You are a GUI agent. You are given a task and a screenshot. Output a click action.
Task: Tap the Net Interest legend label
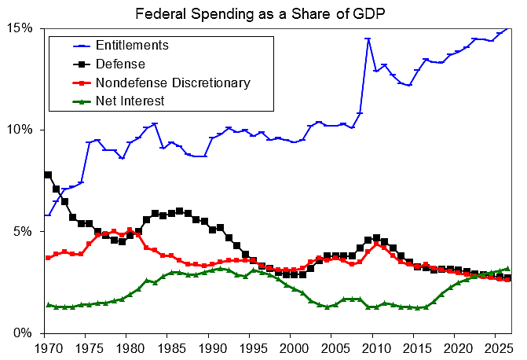pos(130,101)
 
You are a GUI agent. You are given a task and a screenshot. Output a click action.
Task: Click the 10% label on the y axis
pos(23,130)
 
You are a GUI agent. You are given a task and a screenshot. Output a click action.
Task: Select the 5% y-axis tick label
pos(26,232)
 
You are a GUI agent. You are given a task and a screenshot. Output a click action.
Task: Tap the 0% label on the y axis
pos(26,333)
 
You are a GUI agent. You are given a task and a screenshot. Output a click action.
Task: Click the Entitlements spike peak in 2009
pos(368,39)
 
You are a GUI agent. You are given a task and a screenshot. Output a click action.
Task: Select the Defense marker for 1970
pos(48,174)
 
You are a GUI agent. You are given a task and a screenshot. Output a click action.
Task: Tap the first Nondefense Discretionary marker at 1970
pos(48,258)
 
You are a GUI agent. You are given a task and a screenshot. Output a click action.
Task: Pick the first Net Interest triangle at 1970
pos(48,304)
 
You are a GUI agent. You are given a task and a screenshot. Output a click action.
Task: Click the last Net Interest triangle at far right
pos(507,268)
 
